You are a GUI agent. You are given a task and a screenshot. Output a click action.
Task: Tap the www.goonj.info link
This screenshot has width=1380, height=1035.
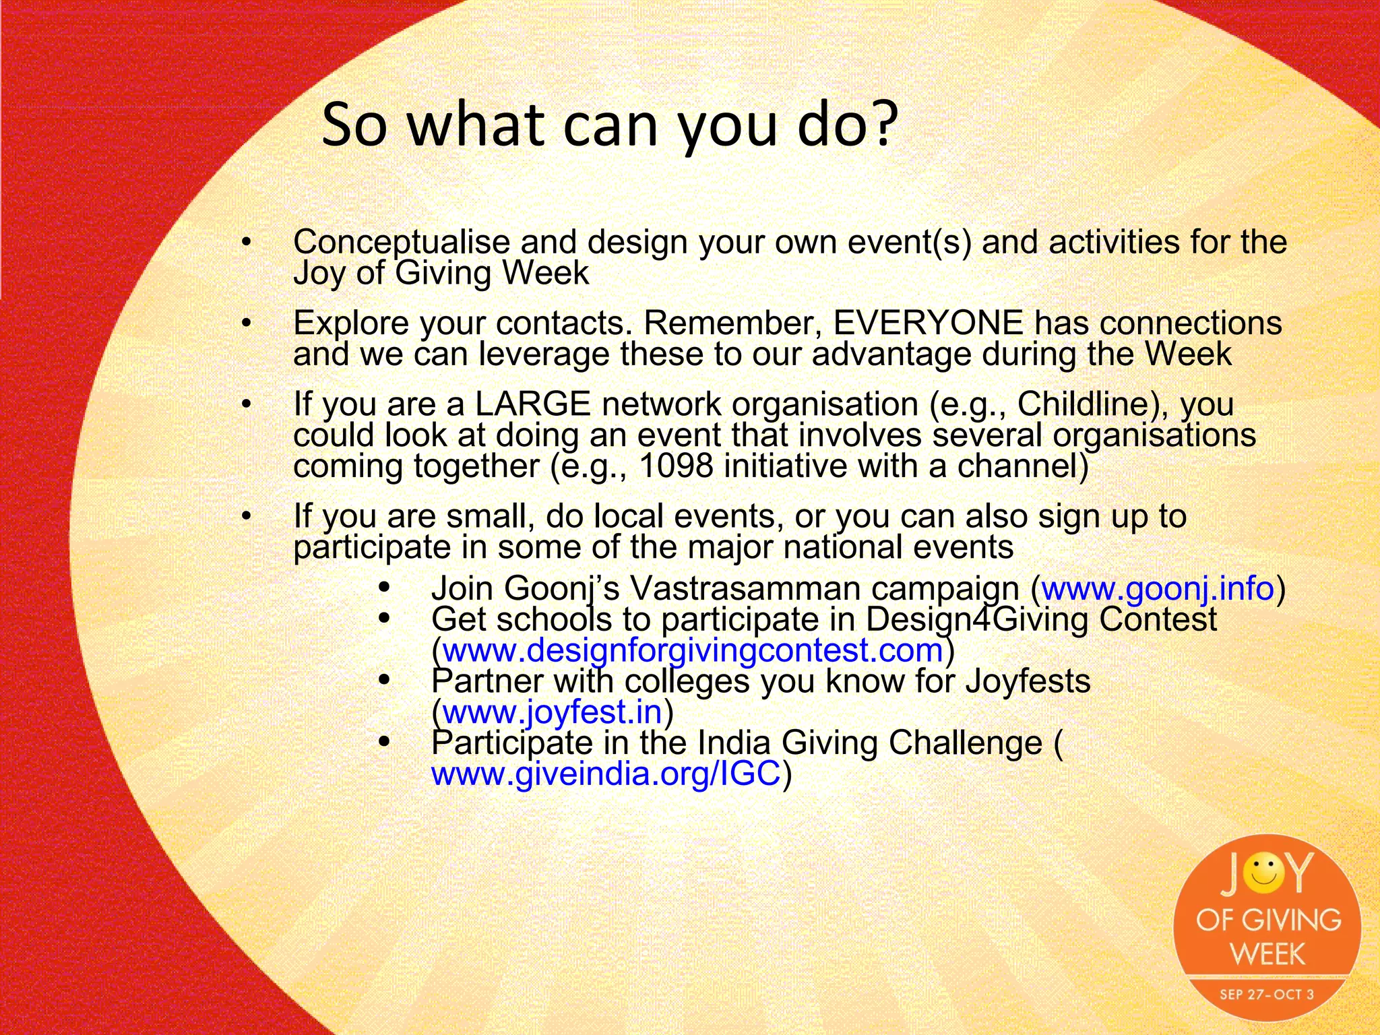[1157, 588]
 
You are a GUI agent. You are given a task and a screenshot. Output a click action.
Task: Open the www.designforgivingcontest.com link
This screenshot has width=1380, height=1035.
[693, 650]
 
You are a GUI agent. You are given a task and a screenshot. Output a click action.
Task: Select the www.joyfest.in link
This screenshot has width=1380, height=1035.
[552, 712]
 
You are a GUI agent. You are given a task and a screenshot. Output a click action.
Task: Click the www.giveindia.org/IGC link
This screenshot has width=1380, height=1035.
[606, 773]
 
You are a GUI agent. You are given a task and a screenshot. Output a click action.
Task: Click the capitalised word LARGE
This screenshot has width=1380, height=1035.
[533, 404]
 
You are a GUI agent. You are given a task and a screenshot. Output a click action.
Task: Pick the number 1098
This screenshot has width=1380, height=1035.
[676, 466]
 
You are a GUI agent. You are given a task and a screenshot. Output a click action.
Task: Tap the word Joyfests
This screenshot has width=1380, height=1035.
[1028, 681]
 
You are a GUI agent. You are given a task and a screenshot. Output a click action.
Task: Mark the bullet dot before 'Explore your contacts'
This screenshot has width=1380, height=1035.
[247, 323]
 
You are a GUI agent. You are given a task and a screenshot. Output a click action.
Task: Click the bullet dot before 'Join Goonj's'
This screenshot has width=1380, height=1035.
[385, 588]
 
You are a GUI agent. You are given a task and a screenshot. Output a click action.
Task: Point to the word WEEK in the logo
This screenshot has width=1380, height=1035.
[1267, 954]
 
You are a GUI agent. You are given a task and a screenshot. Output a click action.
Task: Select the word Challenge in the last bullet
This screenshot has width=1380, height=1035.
[966, 743]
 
